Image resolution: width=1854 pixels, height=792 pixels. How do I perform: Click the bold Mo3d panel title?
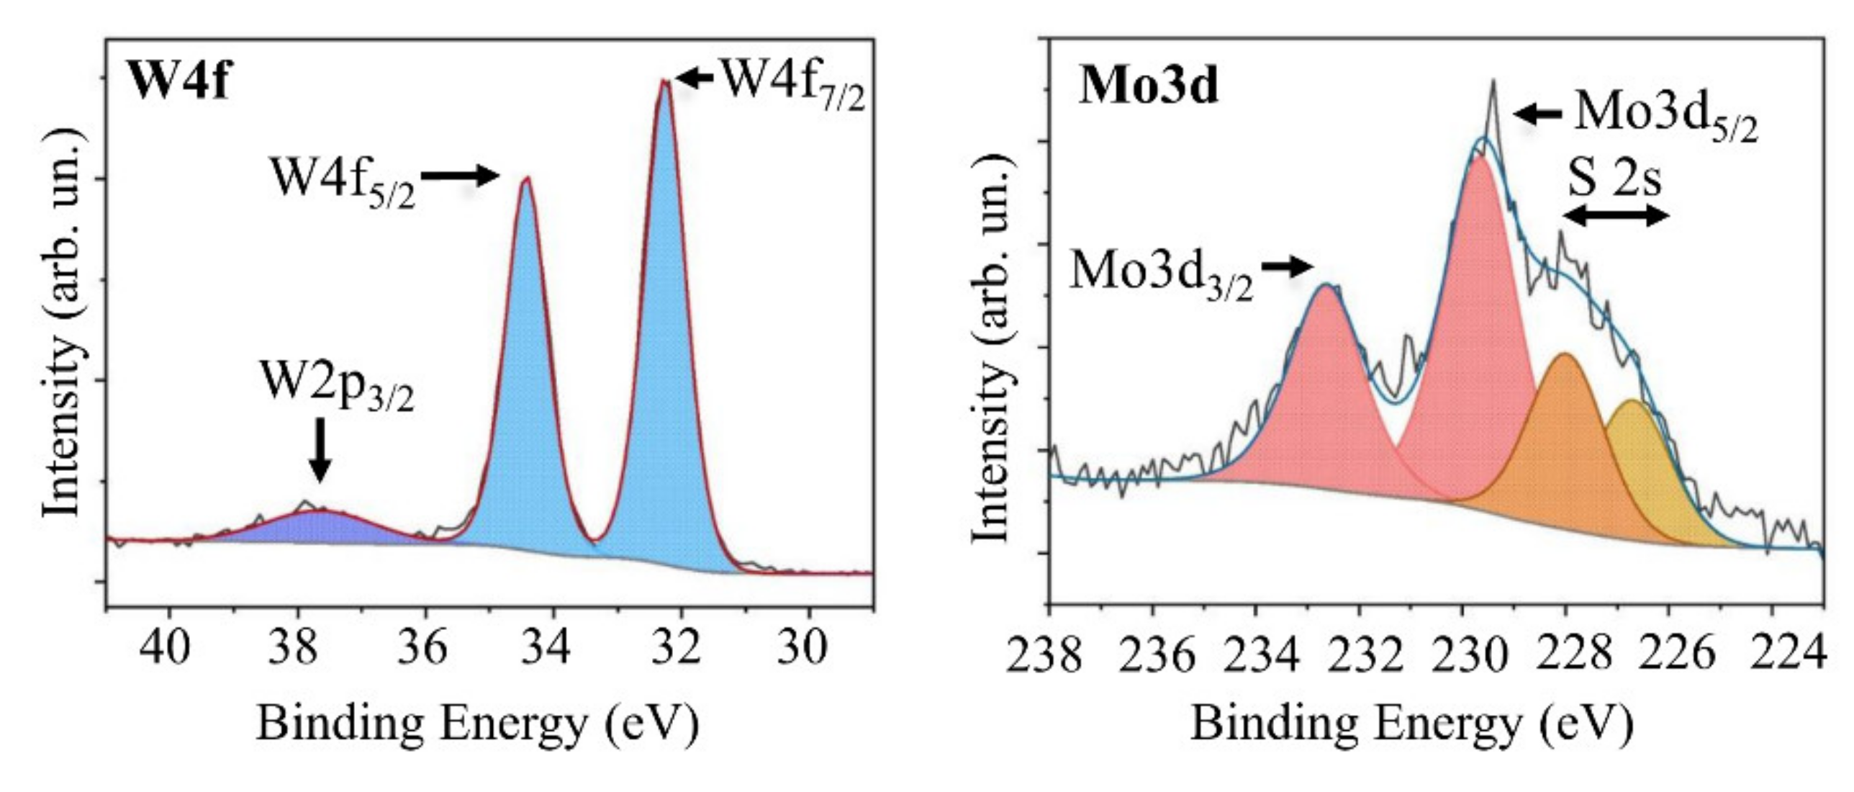point(1149,88)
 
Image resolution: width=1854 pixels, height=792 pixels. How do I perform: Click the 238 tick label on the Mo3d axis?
point(1044,657)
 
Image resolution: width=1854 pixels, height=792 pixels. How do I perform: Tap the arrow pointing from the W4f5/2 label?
point(461,175)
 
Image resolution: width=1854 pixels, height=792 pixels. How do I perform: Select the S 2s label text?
point(1615,179)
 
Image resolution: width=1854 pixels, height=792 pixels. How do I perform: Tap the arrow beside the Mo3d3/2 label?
point(1288,266)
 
